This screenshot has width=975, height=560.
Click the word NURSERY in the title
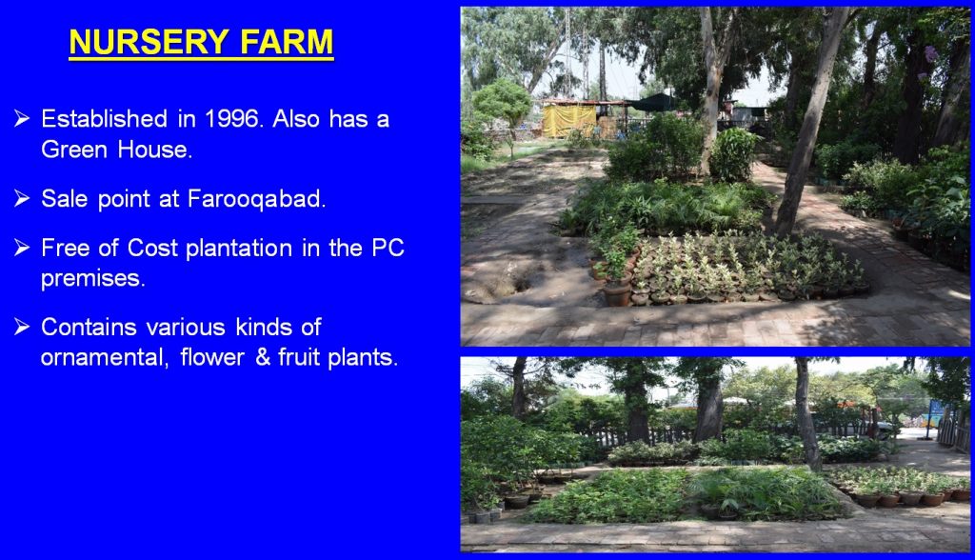pyautogui.click(x=149, y=42)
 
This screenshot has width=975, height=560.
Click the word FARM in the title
pyautogui.click(x=287, y=42)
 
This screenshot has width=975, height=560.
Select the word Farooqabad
pyautogui.click(x=257, y=198)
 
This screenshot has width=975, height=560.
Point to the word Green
pyautogui.click(x=74, y=150)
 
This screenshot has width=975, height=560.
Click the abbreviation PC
pyautogui.click(x=388, y=248)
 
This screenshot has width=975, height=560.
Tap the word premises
pyautogui.click(x=93, y=278)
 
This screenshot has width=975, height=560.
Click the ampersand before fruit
pyautogui.click(x=263, y=357)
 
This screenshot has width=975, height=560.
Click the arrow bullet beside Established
pyautogui.click(x=22, y=117)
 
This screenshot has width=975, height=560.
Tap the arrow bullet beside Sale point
pyautogui.click(x=22, y=198)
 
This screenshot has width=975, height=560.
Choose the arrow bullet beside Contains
pyautogui.click(x=22, y=326)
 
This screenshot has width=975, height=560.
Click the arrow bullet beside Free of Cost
pyautogui.click(x=22, y=247)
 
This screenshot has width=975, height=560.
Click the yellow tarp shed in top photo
pyautogui.click(x=569, y=119)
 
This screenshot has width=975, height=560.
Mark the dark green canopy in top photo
pyautogui.click(x=654, y=103)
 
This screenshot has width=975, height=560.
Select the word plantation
pyautogui.click(x=239, y=248)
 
